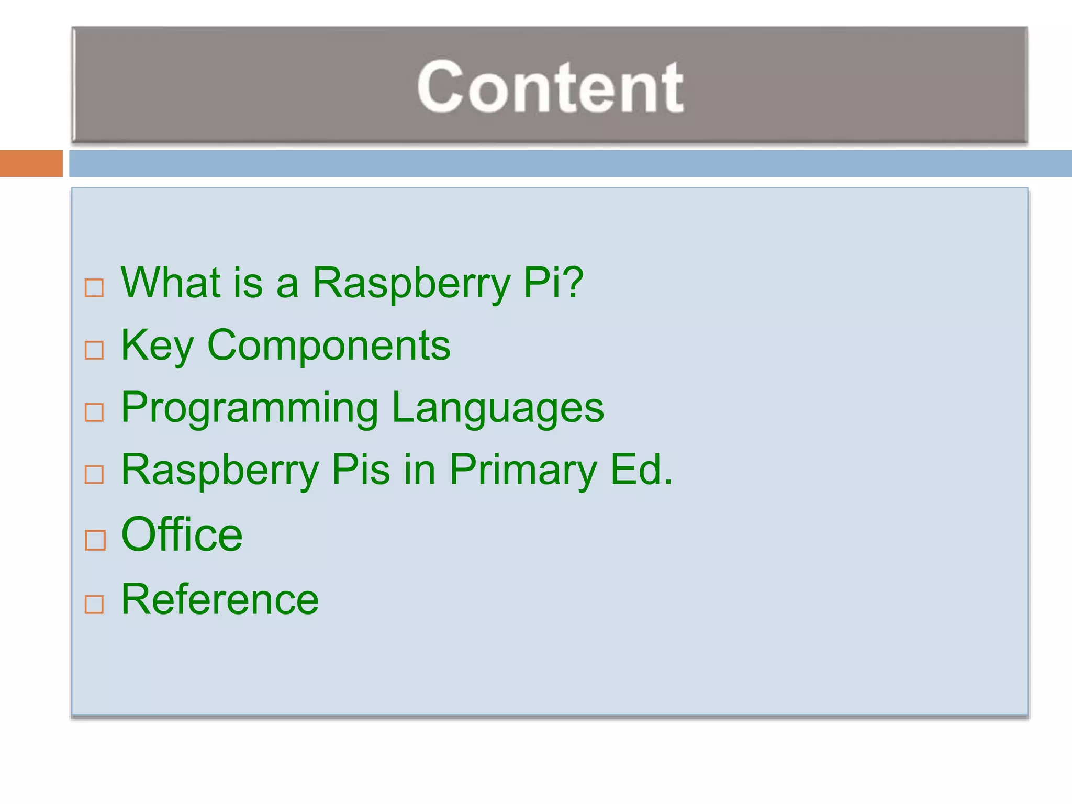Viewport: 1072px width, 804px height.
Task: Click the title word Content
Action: coord(550,86)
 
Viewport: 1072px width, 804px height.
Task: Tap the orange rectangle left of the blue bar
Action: coord(31,163)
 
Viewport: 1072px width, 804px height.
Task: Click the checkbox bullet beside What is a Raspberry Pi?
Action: coord(94,287)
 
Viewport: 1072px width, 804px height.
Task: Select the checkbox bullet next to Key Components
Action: coord(94,350)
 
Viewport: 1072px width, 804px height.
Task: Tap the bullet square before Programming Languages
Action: coord(94,412)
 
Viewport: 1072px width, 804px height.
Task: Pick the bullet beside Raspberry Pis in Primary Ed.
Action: coord(94,475)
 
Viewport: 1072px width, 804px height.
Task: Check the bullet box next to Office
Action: coord(95,540)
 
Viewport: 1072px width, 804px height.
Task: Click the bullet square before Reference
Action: coord(94,604)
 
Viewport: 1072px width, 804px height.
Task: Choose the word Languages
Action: coord(498,409)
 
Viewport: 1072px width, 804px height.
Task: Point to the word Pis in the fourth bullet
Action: coord(361,470)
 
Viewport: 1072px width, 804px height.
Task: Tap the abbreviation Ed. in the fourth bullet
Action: coord(641,470)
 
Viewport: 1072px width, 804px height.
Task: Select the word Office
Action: coord(182,534)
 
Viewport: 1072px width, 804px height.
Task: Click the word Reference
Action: coord(220,599)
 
